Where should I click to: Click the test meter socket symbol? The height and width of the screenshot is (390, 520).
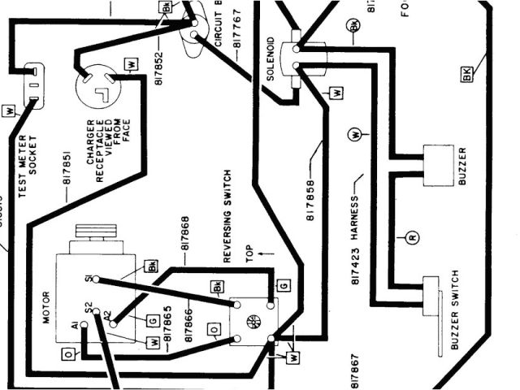[x=33, y=84]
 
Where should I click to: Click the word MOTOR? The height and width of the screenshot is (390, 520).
[x=46, y=307]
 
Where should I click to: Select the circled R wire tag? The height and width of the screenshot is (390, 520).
[x=412, y=238]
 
